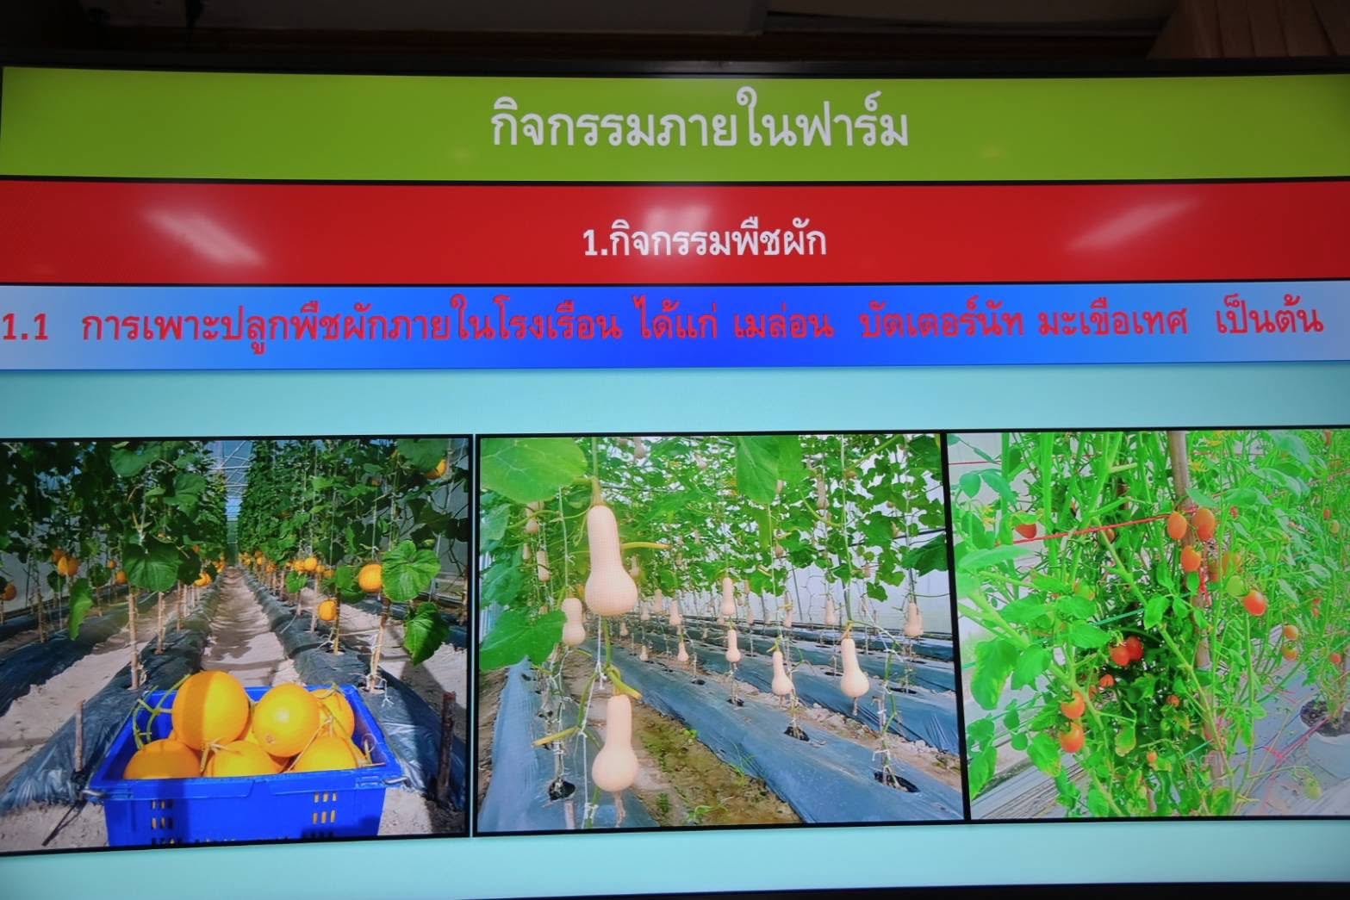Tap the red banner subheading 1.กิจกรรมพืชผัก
pos(704,241)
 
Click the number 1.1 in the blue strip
pos(25,328)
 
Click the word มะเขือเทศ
pos(1113,323)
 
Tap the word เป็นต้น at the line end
pos(1269,320)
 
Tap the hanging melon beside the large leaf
pos(370,578)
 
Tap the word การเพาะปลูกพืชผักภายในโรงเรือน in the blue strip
pos(351,326)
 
